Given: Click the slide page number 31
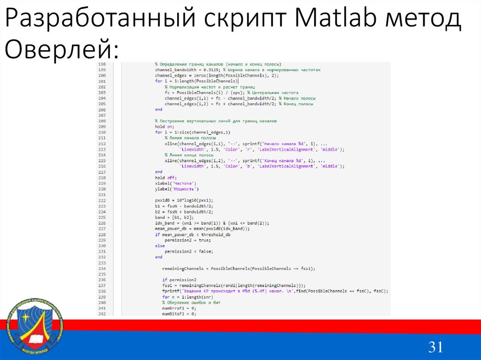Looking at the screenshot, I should (435, 347).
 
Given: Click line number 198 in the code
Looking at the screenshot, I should (102, 64).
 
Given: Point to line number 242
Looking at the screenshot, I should (102, 314).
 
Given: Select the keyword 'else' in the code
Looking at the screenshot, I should (160, 245).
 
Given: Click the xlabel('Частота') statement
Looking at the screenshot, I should (176, 183).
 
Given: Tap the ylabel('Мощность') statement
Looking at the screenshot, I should (177, 189).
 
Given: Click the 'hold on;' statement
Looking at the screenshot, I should (164, 126).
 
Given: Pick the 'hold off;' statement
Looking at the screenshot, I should (165, 177).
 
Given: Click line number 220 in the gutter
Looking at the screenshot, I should (102, 189).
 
